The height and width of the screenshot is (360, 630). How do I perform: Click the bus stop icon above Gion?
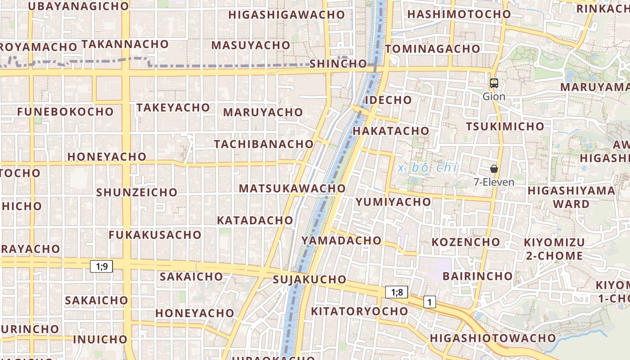[x=494, y=83]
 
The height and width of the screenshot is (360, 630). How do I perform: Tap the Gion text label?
[x=494, y=96]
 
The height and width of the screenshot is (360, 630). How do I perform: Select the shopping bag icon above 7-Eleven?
[x=494, y=169]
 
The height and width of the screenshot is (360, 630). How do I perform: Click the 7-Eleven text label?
[x=494, y=182]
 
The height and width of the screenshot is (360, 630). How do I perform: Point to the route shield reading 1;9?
[x=101, y=266]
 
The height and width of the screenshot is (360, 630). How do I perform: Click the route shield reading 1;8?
[x=396, y=292]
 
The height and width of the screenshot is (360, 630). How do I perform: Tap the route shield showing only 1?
[x=430, y=302]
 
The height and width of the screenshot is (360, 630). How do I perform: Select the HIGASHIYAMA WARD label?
[x=571, y=197]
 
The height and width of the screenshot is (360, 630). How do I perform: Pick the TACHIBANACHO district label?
[x=264, y=144]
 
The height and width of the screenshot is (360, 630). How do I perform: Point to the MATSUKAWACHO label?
[x=292, y=188]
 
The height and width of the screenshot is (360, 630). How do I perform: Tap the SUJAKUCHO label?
[x=310, y=279]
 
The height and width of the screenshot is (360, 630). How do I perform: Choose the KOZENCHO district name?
[x=466, y=242]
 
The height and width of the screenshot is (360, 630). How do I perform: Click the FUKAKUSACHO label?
[x=155, y=235]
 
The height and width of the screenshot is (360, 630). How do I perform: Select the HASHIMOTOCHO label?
[x=459, y=14]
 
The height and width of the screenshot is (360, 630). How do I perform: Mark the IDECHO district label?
[x=388, y=100]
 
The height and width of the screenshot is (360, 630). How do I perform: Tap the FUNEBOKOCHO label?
[x=66, y=112]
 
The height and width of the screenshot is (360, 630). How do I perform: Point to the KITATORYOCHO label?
[x=360, y=311]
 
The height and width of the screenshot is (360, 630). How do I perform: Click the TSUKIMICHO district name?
[x=505, y=126]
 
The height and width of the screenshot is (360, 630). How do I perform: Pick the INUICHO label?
[x=100, y=339]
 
